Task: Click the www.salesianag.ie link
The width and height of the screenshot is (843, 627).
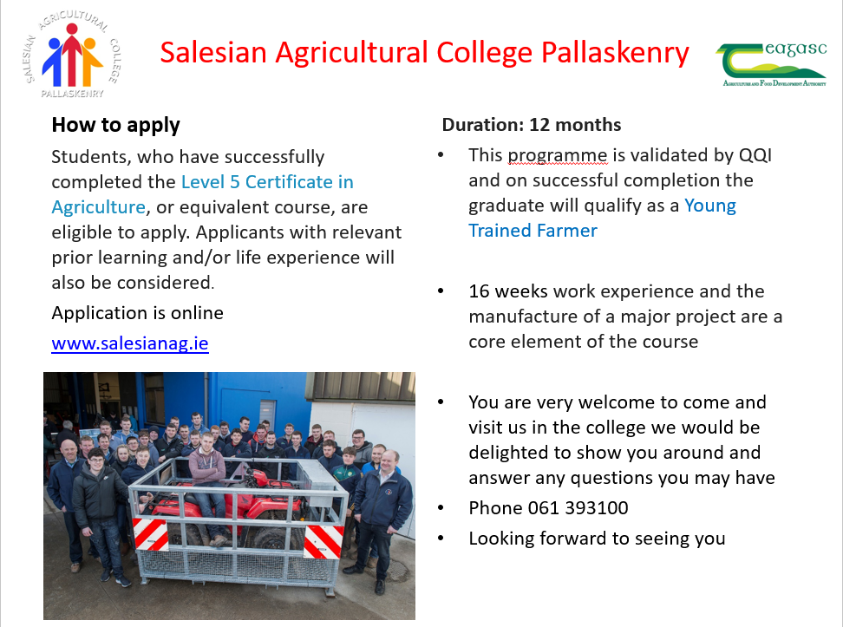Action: [x=129, y=343]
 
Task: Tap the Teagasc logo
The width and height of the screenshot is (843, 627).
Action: [x=771, y=64]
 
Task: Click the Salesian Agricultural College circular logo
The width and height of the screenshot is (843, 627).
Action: [x=73, y=55]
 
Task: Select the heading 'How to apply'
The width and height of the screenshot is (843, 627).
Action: [x=115, y=125]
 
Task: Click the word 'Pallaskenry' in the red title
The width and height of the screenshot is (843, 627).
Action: [x=615, y=53]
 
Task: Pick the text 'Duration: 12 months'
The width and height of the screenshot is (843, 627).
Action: [x=531, y=125]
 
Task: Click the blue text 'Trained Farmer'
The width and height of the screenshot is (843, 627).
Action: [x=533, y=231]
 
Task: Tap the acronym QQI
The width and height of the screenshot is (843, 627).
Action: [x=755, y=155]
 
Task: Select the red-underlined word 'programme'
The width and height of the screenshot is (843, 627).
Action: [x=558, y=156]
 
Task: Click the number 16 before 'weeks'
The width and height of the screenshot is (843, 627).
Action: [x=479, y=291]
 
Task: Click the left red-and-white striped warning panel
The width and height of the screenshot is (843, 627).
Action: [x=151, y=534]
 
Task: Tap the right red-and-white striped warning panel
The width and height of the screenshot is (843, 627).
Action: [x=323, y=541]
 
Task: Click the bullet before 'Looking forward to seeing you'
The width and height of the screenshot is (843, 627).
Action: [x=441, y=538]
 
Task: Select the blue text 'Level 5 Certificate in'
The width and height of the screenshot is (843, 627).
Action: [x=267, y=182]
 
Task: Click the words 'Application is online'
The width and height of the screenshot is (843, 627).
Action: [x=137, y=313]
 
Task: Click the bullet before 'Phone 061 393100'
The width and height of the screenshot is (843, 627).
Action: [x=441, y=507]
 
